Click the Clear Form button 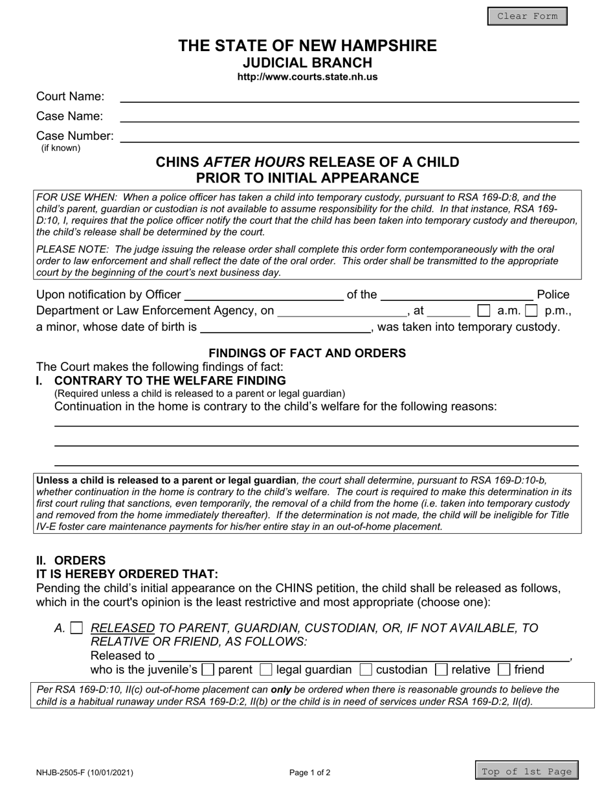pyautogui.click(x=527, y=16)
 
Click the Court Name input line pyautogui.click(x=350, y=97)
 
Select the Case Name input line pyautogui.click(x=350, y=116)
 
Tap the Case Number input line pyautogui.click(x=350, y=137)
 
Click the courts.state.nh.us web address pyautogui.click(x=307, y=77)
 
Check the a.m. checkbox pyautogui.click(x=484, y=311)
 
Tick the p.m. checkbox pyautogui.click(x=531, y=311)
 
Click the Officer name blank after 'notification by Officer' pyautogui.click(x=264, y=296)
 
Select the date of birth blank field pyautogui.click(x=285, y=327)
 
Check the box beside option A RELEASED pyautogui.click(x=76, y=628)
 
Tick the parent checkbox pyautogui.click(x=208, y=670)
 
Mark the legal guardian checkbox pyautogui.click(x=265, y=670)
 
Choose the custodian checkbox pyautogui.click(x=366, y=670)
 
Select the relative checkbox pyautogui.click(x=442, y=670)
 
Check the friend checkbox pyautogui.click(x=504, y=670)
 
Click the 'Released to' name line pyautogui.click(x=363, y=656)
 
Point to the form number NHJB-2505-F pyautogui.click(x=85, y=772)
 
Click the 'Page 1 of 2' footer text pyautogui.click(x=310, y=772)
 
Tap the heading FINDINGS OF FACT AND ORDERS pyautogui.click(x=307, y=353)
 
